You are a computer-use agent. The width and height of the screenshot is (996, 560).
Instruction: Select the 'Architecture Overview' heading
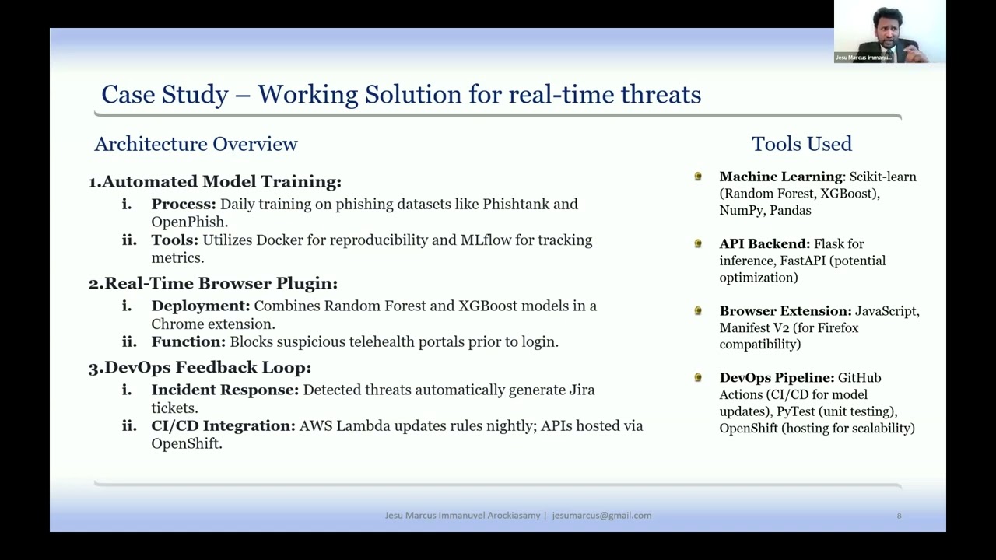point(196,144)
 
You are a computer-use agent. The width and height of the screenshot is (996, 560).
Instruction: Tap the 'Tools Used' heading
point(801,144)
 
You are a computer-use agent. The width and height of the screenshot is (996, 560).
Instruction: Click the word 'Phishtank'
point(516,205)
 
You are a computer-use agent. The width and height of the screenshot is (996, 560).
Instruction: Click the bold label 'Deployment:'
point(201,306)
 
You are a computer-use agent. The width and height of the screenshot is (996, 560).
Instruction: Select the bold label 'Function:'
point(188,342)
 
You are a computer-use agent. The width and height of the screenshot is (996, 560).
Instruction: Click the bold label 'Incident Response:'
point(225,390)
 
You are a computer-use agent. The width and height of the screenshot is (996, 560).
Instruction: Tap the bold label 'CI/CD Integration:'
point(223,426)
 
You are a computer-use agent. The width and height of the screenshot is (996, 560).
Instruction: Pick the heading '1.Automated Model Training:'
point(215,182)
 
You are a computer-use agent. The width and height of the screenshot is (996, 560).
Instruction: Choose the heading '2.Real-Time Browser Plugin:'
point(213,284)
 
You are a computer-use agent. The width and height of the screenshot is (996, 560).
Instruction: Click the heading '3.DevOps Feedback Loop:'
point(200,368)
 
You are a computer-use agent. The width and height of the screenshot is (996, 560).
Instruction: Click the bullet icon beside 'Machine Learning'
point(698,177)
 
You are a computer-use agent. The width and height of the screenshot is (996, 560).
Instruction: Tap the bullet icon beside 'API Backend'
point(698,244)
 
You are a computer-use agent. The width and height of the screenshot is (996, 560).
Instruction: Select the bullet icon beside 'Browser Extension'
point(698,311)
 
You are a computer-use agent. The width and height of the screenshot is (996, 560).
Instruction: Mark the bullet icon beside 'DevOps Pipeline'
point(698,378)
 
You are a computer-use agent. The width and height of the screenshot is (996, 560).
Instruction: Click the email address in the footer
point(601,516)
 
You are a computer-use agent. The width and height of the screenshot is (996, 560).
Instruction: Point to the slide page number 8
point(899,516)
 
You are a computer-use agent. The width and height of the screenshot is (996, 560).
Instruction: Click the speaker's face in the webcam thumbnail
point(887,26)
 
